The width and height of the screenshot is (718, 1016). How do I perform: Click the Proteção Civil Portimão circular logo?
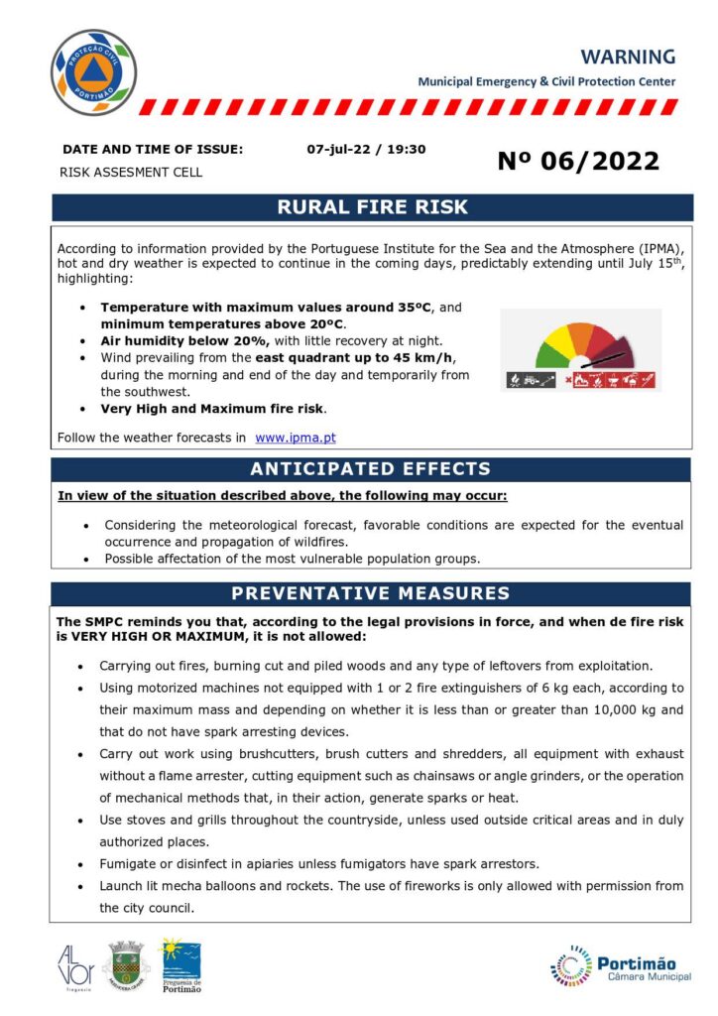[93, 72]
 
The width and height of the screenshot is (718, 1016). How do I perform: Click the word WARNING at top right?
[628, 57]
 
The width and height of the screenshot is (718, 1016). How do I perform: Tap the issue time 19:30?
[407, 149]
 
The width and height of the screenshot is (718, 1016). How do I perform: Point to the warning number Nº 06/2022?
[578, 161]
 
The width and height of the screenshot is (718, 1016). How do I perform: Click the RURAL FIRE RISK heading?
[372, 207]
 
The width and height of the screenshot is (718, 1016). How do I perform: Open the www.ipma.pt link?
[296, 437]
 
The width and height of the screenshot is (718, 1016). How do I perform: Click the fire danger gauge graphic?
[581, 350]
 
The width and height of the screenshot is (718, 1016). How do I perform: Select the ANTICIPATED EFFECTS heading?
[371, 469]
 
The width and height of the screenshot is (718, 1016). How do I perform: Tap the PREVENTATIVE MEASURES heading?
[371, 594]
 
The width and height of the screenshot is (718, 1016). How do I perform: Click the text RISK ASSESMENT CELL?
[131, 173]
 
